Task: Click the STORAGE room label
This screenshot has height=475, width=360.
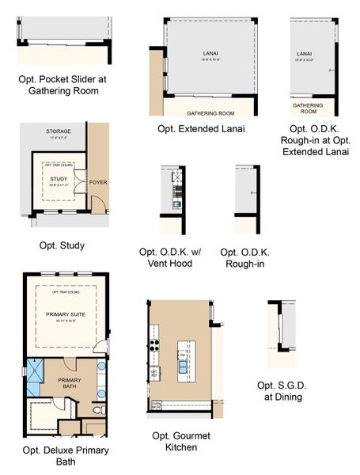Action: tap(58, 131)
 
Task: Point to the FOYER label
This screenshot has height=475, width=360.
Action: tap(98, 182)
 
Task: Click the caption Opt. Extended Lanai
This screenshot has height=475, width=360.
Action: tap(201, 128)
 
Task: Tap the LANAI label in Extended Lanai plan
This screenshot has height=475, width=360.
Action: tap(204, 54)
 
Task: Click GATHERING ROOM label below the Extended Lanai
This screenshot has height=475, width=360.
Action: tap(204, 112)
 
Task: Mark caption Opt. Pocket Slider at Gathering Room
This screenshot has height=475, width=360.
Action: tap(60, 85)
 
